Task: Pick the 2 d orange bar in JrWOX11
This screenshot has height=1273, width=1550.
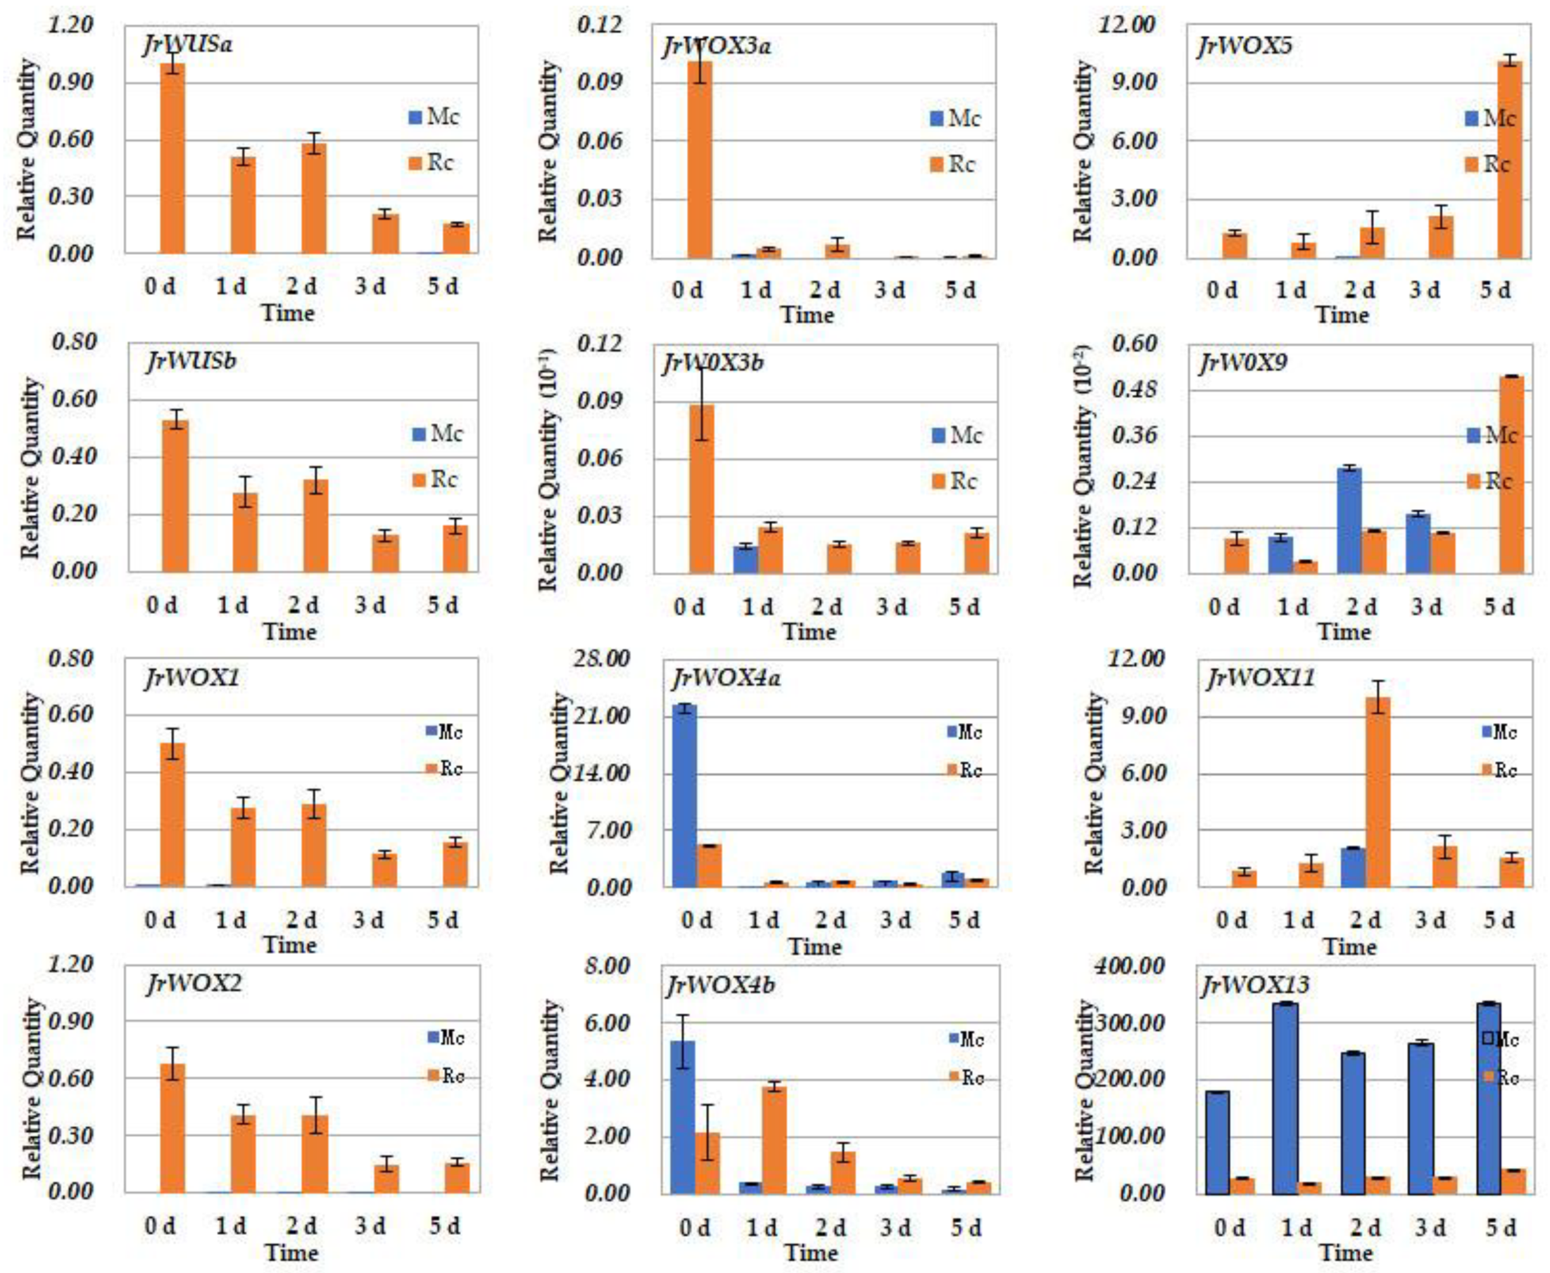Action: [1378, 792]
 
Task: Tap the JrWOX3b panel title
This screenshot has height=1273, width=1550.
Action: [713, 363]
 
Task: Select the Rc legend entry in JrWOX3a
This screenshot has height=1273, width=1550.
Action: [953, 164]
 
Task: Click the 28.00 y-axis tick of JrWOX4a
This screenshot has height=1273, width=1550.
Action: [603, 658]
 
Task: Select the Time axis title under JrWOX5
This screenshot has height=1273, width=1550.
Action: [1342, 316]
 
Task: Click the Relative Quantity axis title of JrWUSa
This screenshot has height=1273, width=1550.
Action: [26, 150]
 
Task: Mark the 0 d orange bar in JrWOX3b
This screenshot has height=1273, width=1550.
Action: [702, 489]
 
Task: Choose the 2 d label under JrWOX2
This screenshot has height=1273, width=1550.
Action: [301, 1226]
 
